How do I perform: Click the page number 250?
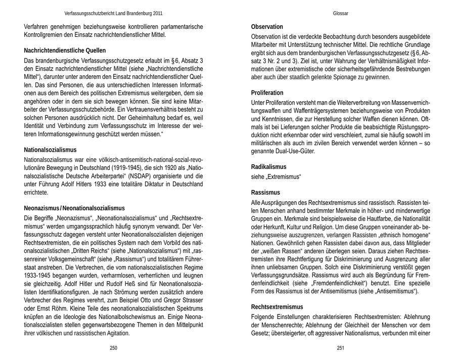[x=113, y=348]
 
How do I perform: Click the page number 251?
[x=340, y=348]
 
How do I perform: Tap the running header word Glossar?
[x=340, y=13]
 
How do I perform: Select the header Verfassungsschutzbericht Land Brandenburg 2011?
[x=114, y=13]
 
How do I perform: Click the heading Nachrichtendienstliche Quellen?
[x=65, y=51]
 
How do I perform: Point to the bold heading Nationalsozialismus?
[x=50, y=150]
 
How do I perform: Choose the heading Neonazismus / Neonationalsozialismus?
[x=74, y=208]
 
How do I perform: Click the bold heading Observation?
[x=267, y=27]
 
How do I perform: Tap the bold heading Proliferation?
[x=267, y=93]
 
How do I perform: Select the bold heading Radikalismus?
[x=268, y=167]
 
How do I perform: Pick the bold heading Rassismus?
[x=265, y=192]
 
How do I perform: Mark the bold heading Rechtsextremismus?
[x=277, y=307]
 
